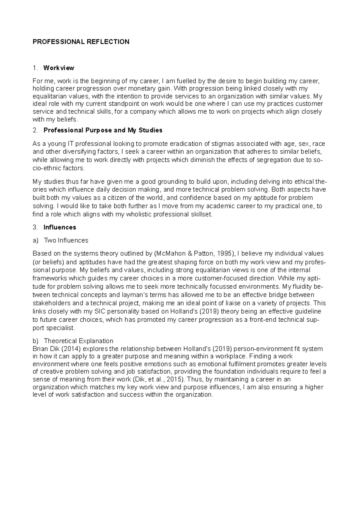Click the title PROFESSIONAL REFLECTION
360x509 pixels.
pyautogui.click(x=81, y=42)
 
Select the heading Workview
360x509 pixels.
pyautogui.click(x=59, y=68)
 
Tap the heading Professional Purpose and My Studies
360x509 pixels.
pyautogui.click(x=103, y=130)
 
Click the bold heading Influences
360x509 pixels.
pyautogui.click(x=60, y=227)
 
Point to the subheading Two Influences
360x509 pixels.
pyautogui.click(x=66, y=240)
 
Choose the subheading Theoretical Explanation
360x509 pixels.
pyautogui.click(x=79, y=341)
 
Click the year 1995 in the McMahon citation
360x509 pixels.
pyautogui.click(x=226, y=254)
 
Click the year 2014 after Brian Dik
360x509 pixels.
pyautogui.click(x=73, y=349)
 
